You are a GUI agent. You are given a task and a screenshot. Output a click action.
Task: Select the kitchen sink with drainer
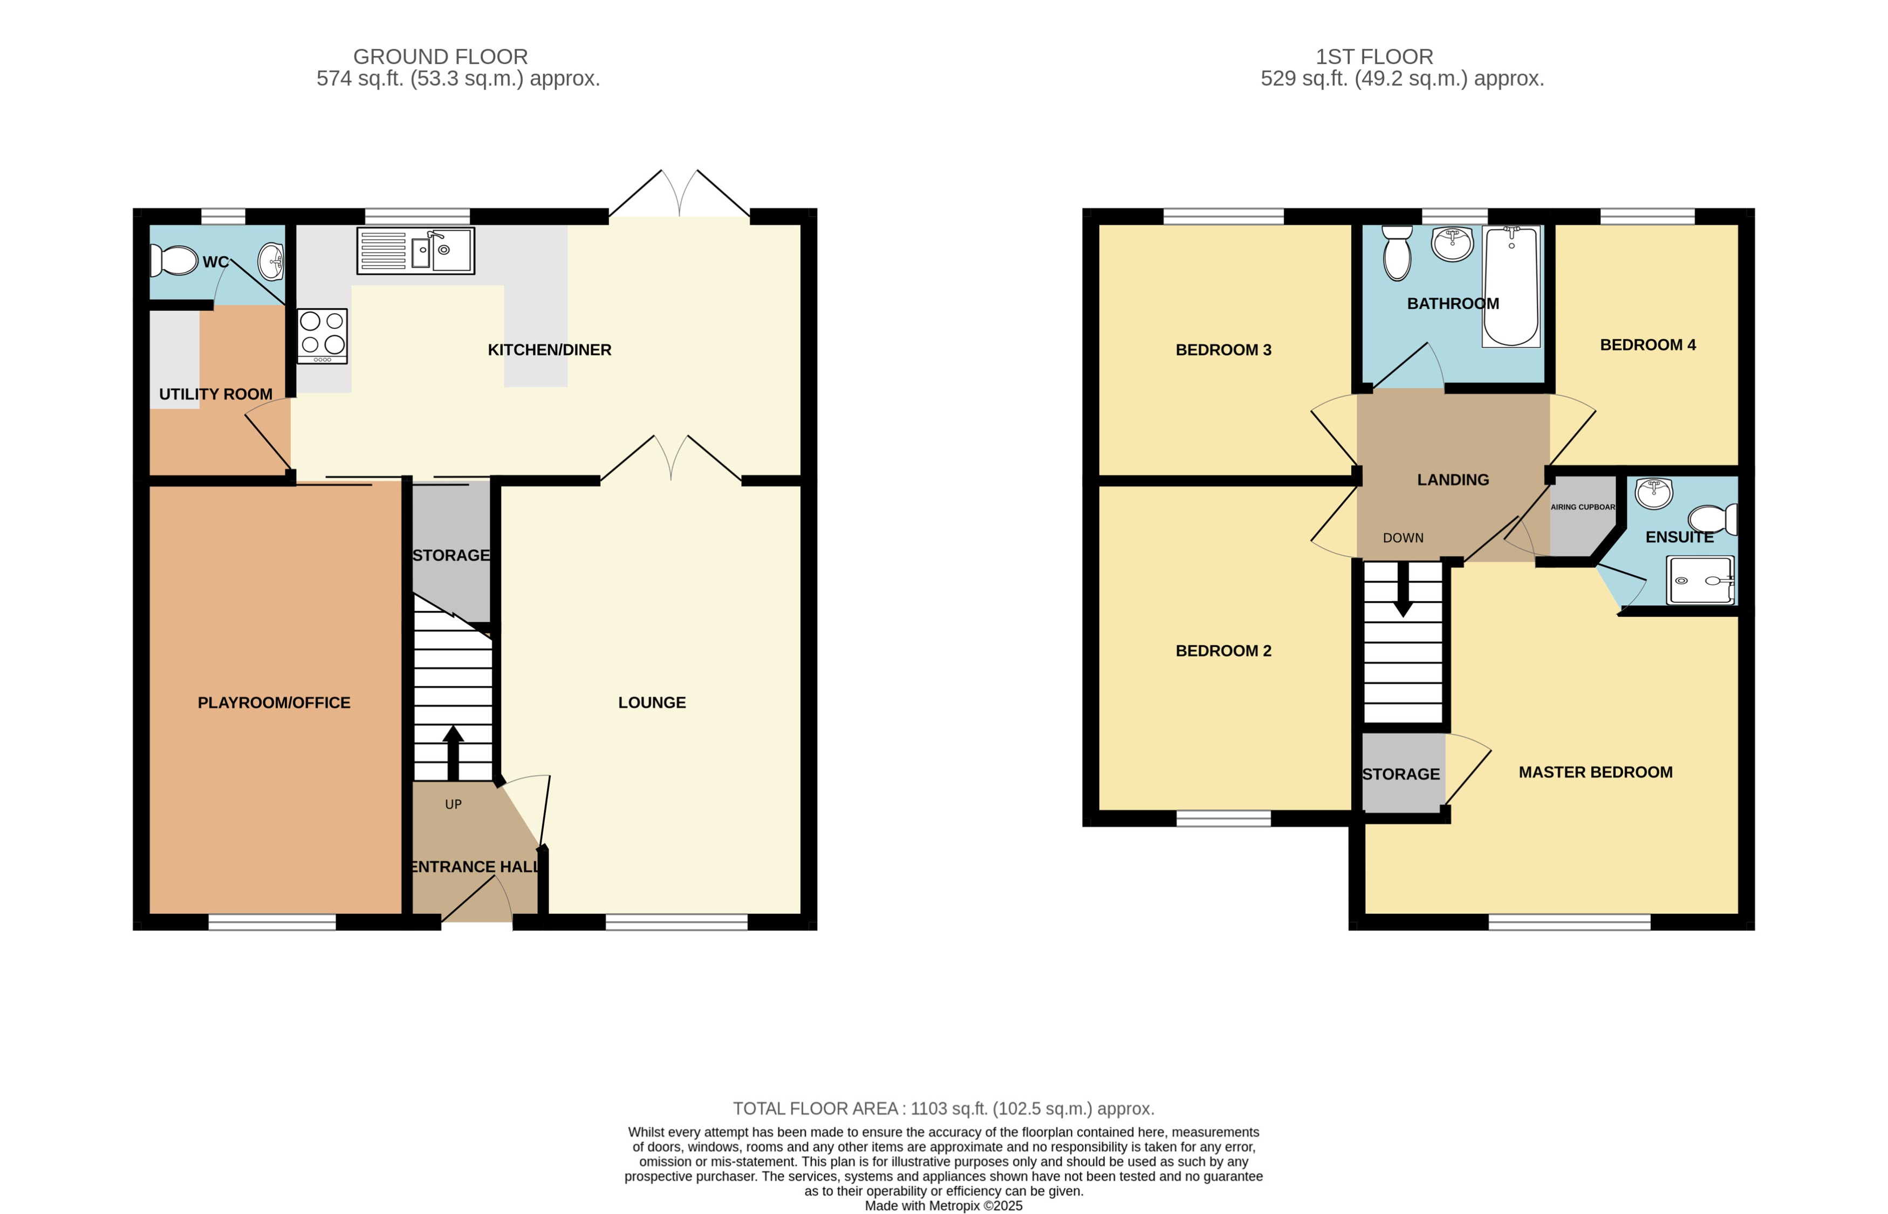(415, 251)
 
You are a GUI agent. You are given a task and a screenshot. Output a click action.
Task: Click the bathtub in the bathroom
(1510, 287)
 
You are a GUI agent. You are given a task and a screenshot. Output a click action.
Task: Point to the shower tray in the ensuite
(1700, 580)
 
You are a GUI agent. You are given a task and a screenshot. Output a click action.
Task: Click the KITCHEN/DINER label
(549, 350)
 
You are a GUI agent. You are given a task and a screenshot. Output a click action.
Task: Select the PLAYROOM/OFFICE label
(273, 702)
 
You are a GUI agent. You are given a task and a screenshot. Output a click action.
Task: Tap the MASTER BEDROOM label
(1595, 772)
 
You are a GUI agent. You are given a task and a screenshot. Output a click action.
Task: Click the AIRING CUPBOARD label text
(1582, 507)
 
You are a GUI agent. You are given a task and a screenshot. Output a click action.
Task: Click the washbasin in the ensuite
(1653, 493)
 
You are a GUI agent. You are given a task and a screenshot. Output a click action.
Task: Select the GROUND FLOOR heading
(440, 57)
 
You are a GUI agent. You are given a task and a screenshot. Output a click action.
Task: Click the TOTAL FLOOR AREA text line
(943, 1108)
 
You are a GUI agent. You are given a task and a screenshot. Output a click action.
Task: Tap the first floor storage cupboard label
(1400, 774)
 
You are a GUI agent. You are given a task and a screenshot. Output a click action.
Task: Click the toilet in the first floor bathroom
(1397, 252)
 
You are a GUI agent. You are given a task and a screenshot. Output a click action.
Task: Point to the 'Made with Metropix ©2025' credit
(943, 1205)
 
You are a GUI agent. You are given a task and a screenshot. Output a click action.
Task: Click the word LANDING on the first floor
(1453, 479)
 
